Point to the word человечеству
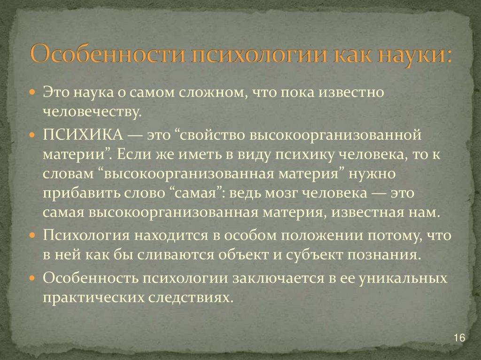[x=92, y=112]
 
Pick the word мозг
[x=299, y=193]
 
